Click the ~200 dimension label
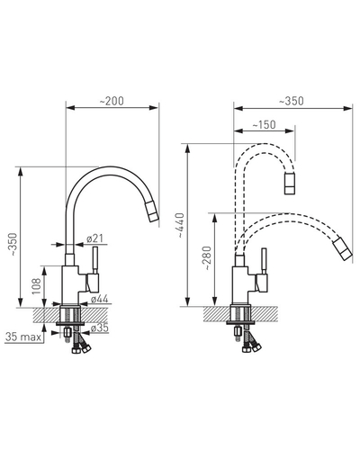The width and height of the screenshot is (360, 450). [112, 102]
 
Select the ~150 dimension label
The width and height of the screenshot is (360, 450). [264, 125]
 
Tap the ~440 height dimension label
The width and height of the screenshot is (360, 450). [181, 225]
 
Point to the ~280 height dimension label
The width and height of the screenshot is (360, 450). [207, 258]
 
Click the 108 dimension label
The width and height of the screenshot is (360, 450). [37, 286]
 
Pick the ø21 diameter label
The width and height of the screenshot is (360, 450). [94, 238]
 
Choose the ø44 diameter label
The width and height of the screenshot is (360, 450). [99, 299]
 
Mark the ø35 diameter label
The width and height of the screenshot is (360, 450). [99, 328]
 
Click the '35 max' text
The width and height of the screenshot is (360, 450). [23, 337]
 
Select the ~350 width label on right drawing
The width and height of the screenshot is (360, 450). [292, 101]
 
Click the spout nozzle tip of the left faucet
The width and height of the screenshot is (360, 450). [152, 211]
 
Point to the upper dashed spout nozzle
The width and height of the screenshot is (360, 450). [290, 184]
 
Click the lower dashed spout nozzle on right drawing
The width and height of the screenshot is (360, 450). [342, 248]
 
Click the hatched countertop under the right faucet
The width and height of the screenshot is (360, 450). [240, 314]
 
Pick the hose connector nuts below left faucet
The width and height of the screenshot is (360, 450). [81, 349]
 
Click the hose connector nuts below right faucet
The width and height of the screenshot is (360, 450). [252, 348]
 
